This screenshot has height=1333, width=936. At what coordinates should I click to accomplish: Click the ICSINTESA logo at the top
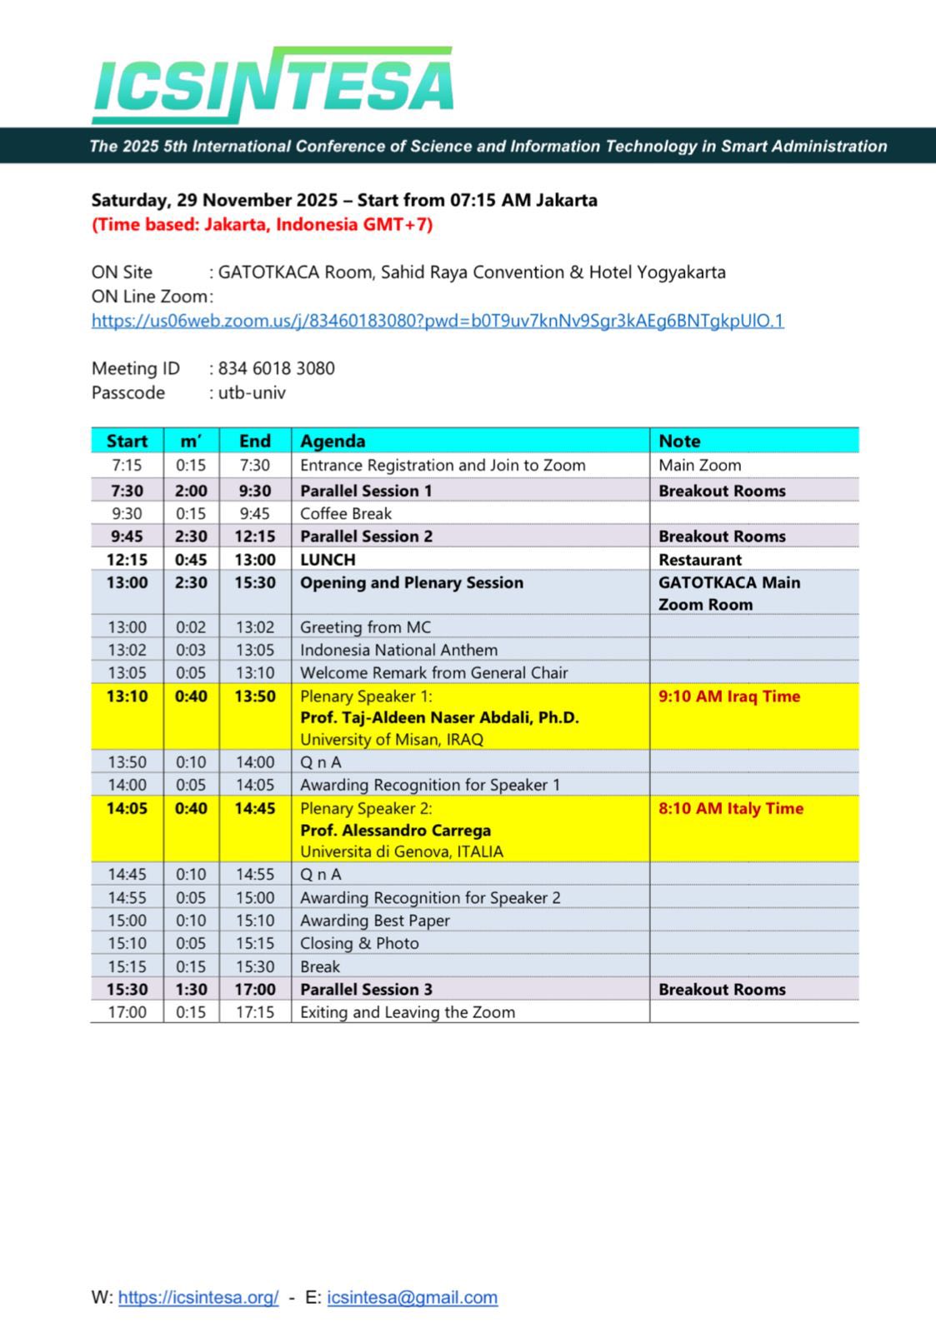[x=273, y=84]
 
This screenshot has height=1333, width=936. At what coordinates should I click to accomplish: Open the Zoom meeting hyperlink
[x=437, y=321]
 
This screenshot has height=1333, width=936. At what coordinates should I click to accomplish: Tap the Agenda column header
[x=333, y=441]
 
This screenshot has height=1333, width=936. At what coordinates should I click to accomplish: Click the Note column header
[x=679, y=441]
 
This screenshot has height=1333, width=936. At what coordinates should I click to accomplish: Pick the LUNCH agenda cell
[x=328, y=560]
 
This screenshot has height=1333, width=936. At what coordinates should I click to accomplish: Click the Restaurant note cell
[x=699, y=560]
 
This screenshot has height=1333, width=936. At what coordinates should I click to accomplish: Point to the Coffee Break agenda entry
[x=346, y=513]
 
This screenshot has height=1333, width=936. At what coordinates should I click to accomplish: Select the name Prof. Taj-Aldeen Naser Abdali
[x=439, y=717]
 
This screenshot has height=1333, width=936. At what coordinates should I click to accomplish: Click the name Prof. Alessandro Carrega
[x=395, y=830]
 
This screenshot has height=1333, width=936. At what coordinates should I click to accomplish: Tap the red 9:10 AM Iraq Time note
[x=728, y=696]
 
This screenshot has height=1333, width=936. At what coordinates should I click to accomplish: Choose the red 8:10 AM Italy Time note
[x=730, y=808]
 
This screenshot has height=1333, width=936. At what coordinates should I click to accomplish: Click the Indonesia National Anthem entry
[x=398, y=650]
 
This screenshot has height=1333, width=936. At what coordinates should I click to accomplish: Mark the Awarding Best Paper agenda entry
[x=374, y=921]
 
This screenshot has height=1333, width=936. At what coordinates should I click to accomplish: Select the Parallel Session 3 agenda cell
[x=366, y=989]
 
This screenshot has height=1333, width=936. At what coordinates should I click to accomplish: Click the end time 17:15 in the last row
[x=255, y=1012]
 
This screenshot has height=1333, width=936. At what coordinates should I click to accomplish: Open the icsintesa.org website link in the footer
[x=198, y=1297]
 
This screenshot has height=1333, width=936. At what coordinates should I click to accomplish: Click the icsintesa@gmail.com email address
[x=412, y=1297]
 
